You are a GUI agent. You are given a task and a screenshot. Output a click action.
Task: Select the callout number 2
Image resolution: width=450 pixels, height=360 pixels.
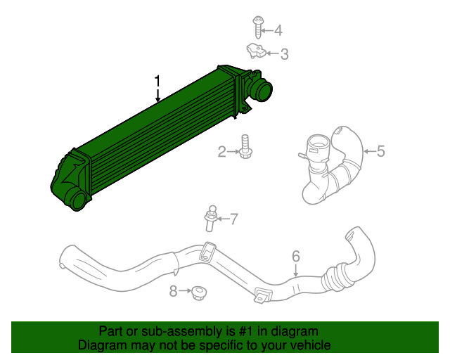tap(222, 151)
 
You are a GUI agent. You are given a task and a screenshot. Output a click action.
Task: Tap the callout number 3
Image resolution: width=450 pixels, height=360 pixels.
tap(284, 53)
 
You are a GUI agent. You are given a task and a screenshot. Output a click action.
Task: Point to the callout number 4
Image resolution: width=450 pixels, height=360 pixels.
tap(278, 30)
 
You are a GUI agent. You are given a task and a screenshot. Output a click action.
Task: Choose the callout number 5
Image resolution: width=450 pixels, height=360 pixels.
tap(380, 150)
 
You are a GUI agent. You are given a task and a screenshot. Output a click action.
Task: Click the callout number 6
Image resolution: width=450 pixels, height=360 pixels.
tap(295, 256)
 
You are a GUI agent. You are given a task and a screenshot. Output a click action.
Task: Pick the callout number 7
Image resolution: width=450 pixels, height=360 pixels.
tap(234, 219)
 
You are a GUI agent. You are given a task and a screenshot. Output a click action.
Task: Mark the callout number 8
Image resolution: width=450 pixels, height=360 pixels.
tap(174, 290)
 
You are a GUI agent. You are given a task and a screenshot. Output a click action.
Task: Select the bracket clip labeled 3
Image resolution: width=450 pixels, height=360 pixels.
tap(256, 51)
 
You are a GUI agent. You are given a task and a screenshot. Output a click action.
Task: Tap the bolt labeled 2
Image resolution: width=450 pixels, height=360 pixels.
tap(245, 147)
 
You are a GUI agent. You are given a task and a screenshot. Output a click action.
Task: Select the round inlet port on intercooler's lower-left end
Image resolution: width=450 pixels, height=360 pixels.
tap(78, 200)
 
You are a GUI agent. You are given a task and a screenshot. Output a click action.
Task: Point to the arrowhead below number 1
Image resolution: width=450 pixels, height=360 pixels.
tap(158, 100)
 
